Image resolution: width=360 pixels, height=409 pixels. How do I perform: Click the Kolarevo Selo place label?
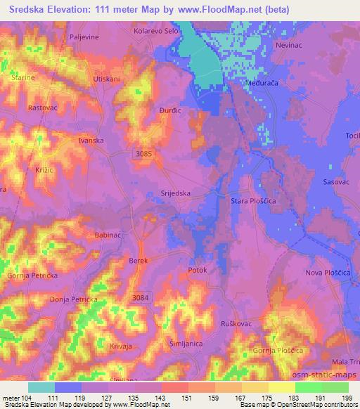pos(157,32)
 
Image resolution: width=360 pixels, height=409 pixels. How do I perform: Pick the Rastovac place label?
pos(42,108)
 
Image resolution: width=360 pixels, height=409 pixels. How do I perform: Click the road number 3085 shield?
pos(142,152)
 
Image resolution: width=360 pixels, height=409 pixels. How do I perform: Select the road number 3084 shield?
pos(141,298)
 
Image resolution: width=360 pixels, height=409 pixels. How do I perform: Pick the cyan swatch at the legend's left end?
pos(41,387)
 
